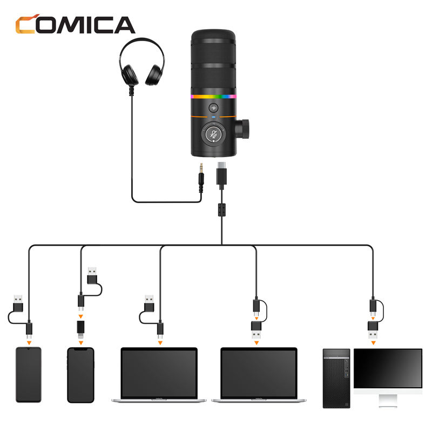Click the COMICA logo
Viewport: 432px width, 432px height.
[75, 24]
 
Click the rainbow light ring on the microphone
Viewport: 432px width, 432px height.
[213, 97]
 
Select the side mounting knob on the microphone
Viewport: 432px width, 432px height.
[242, 129]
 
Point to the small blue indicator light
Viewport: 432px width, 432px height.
[213, 117]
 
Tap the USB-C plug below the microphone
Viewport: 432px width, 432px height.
[221, 173]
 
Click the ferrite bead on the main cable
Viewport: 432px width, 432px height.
[222, 210]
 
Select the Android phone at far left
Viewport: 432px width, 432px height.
[29, 374]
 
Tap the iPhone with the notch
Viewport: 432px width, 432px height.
[80, 375]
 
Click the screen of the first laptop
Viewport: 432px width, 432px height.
[159, 373]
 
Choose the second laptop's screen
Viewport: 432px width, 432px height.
[259, 373]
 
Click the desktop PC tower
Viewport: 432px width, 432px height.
[336, 379]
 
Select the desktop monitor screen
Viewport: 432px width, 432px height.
[388, 368]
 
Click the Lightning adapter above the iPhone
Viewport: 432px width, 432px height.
[80, 329]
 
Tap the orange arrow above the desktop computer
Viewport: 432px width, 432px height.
[373, 343]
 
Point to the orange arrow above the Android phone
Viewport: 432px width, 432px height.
[29, 343]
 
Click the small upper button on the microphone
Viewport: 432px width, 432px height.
[213, 107]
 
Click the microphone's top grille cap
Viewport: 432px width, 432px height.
[213, 36]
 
